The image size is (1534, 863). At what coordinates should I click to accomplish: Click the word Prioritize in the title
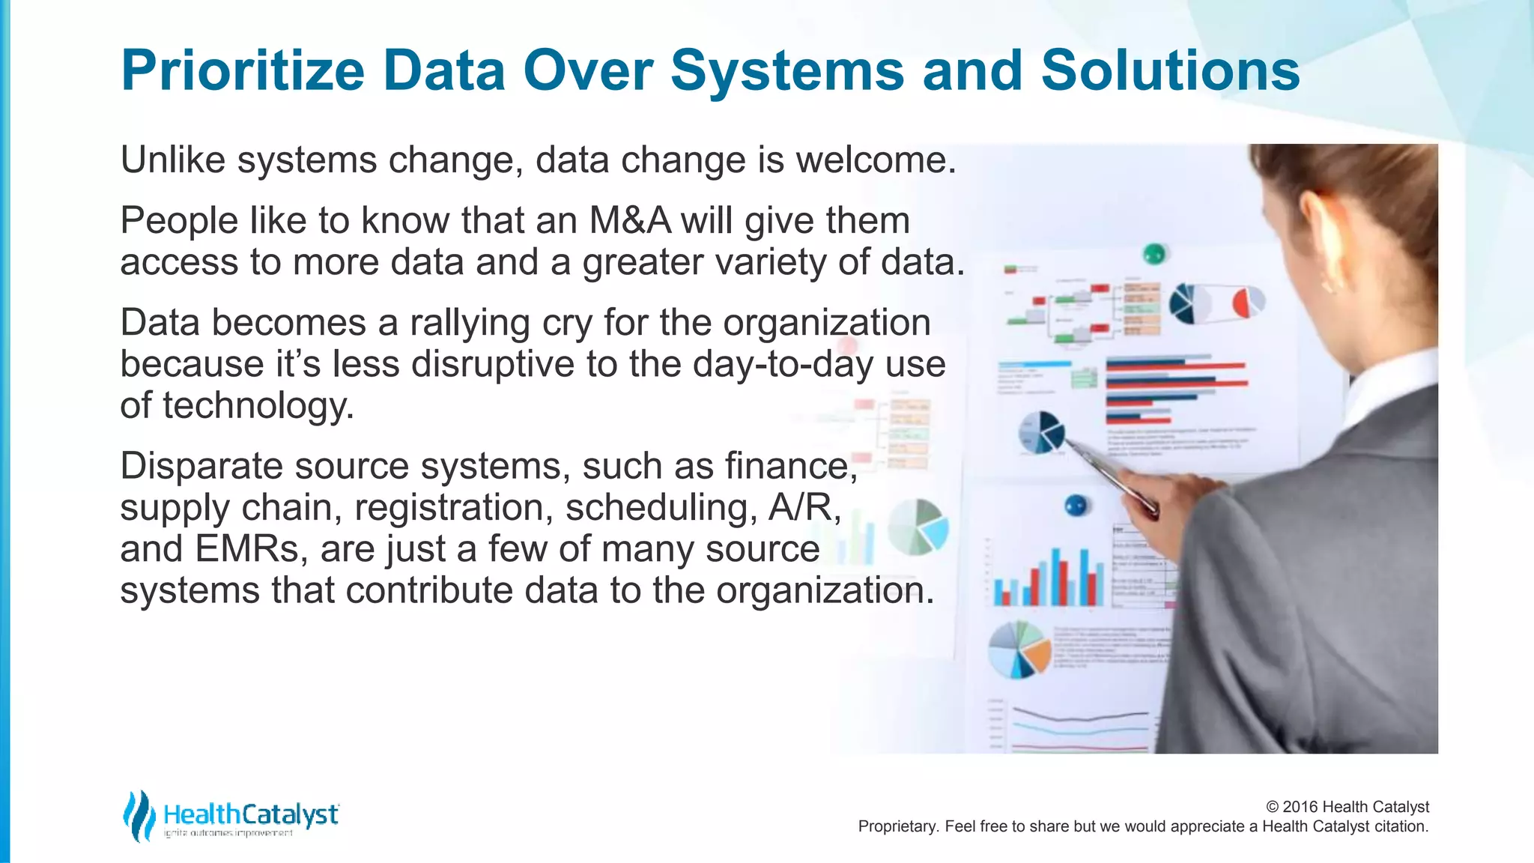click(x=242, y=71)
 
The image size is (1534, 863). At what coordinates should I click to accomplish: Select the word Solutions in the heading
click(x=1170, y=71)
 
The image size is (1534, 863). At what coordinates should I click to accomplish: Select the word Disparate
click(x=201, y=467)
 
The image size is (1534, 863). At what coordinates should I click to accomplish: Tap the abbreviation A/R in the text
click(x=804, y=508)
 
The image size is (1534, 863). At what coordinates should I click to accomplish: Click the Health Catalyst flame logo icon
click(x=139, y=815)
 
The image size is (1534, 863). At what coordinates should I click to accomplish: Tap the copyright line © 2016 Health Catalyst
click(x=1347, y=807)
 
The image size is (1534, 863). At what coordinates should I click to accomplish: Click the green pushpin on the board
click(x=1154, y=253)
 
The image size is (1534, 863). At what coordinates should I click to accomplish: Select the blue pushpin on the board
click(x=1076, y=506)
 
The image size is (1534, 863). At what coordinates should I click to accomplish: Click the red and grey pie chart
click(x=1248, y=302)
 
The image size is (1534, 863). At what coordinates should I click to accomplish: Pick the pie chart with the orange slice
click(x=1020, y=649)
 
